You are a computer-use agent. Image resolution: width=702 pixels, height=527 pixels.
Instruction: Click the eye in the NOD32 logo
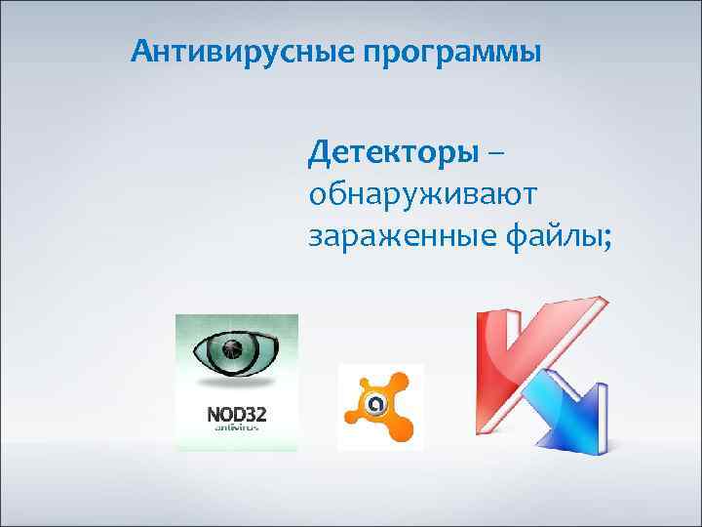click(235, 349)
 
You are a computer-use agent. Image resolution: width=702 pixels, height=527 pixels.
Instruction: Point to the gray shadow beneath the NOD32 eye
click(236, 382)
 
